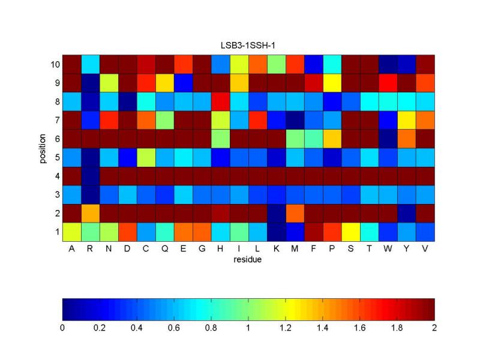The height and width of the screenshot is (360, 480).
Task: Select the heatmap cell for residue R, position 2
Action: pos(90,213)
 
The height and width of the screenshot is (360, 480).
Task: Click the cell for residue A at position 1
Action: pos(71,232)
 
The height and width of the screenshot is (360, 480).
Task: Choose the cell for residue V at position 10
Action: pos(425,64)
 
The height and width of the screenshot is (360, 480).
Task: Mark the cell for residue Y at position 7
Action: pos(406,120)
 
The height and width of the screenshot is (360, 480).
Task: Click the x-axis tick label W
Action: pos(388,250)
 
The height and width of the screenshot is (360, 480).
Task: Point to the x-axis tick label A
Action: pos(71,250)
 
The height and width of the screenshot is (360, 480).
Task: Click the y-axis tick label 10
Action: pos(55,64)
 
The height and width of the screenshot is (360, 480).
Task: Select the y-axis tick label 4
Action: pos(57,176)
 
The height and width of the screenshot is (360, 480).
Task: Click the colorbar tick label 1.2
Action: pos(286,328)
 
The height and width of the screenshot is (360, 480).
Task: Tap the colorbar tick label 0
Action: pos(62,328)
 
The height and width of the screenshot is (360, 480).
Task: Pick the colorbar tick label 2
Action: pos(434,328)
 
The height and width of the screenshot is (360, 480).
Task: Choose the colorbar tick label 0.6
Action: pos(174,328)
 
